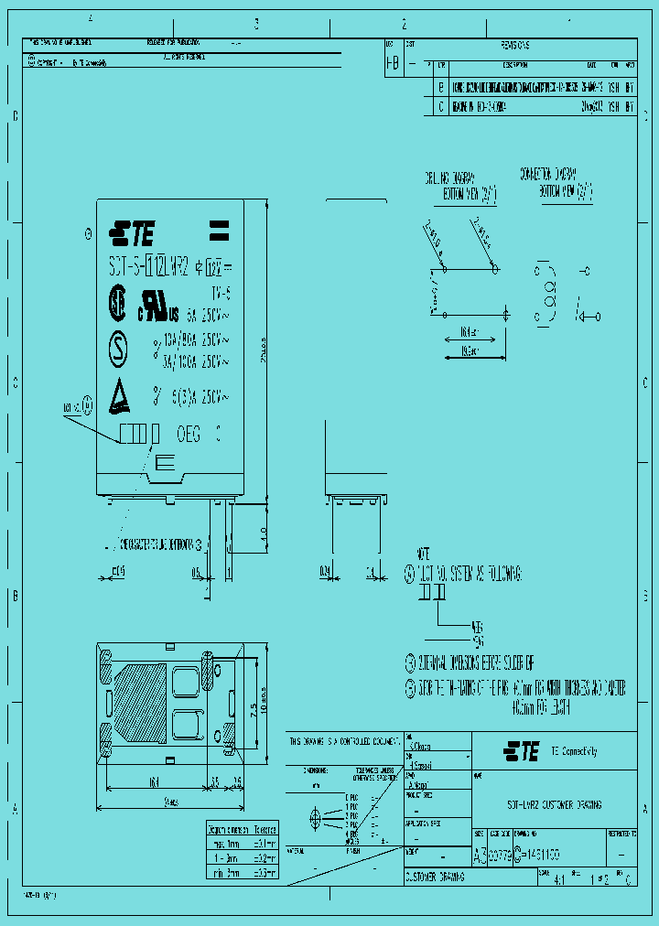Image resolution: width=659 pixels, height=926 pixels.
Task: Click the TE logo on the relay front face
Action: coord(132,235)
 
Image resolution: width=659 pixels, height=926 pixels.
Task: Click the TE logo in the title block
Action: coord(521,751)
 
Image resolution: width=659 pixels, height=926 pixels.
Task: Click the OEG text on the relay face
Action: coord(188,432)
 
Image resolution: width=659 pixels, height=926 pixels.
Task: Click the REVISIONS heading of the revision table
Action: coord(515,45)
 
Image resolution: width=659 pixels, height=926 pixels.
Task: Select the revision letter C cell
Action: coord(442,106)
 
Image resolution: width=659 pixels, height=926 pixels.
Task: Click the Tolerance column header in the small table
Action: coord(264,828)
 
